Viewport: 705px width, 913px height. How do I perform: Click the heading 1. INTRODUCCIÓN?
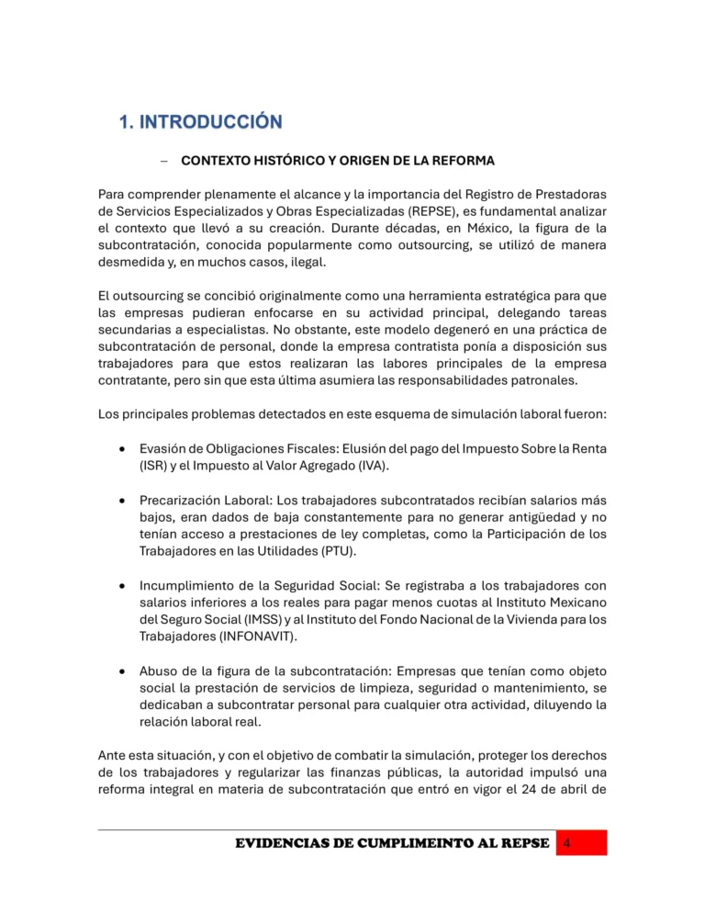point(199,121)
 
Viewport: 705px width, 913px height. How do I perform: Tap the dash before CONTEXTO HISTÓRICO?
point(162,161)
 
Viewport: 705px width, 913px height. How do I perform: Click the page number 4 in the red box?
point(568,843)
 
